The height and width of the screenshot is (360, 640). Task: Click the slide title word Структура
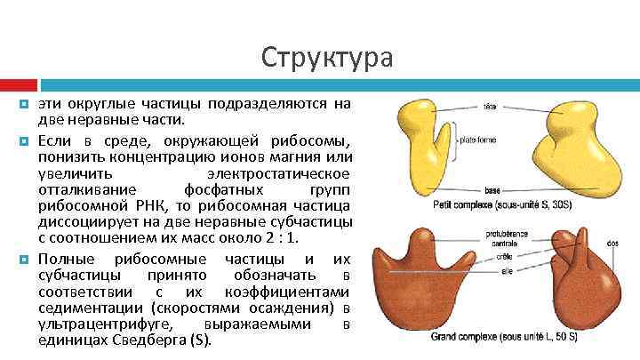(326, 58)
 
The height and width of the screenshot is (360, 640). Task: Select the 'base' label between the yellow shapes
(491, 190)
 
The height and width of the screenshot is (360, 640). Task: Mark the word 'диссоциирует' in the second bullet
(80, 220)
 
